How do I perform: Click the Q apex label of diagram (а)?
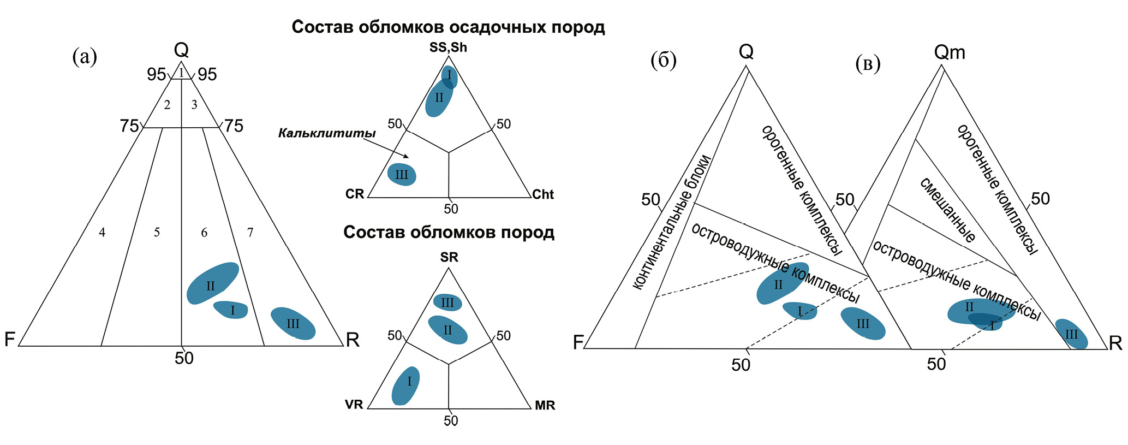(x=181, y=51)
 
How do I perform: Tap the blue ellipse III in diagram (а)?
(x=293, y=323)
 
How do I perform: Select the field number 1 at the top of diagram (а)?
(x=181, y=73)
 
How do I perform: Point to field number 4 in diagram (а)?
(x=102, y=233)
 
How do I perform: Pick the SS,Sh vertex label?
(x=448, y=48)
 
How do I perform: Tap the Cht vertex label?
(x=542, y=194)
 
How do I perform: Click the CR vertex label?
(x=355, y=194)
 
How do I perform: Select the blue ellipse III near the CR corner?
(x=402, y=175)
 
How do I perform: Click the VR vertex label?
(x=354, y=405)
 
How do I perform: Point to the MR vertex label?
(x=545, y=405)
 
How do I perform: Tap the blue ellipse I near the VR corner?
(x=405, y=385)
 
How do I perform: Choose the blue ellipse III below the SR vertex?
(x=447, y=302)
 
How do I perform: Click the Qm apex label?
(x=950, y=52)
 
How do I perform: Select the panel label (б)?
(x=664, y=60)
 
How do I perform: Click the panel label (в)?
(x=868, y=63)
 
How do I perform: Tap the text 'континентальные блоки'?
(x=672, y=222)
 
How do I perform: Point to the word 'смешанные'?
(x=947, y=210)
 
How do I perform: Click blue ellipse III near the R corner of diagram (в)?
(x=1071, y=334)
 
